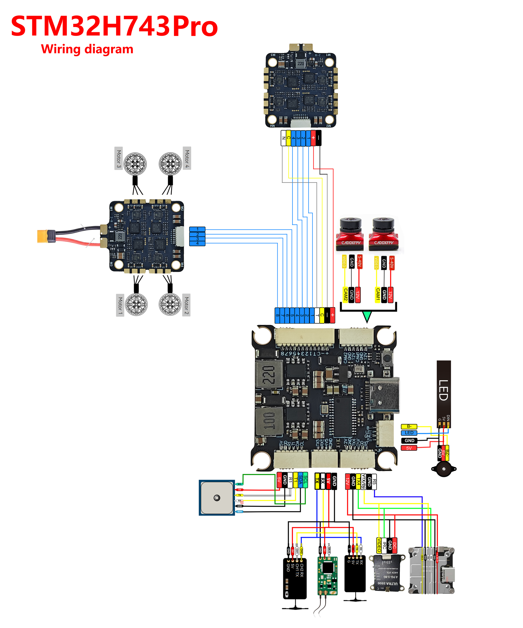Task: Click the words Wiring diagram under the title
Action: pyautogui.click(x=87, y=49)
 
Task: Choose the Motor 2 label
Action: pyautogui.click(x=186, y=305)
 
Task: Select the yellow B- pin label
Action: pyautogui.click(x=409, y=426)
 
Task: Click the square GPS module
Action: pyautogui.click(x=217, y=498)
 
